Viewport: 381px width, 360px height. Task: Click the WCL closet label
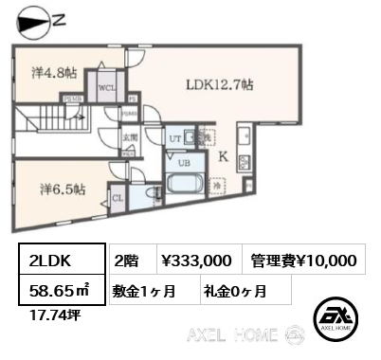pos(107,86)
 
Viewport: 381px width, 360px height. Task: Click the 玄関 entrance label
pos(128,136)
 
